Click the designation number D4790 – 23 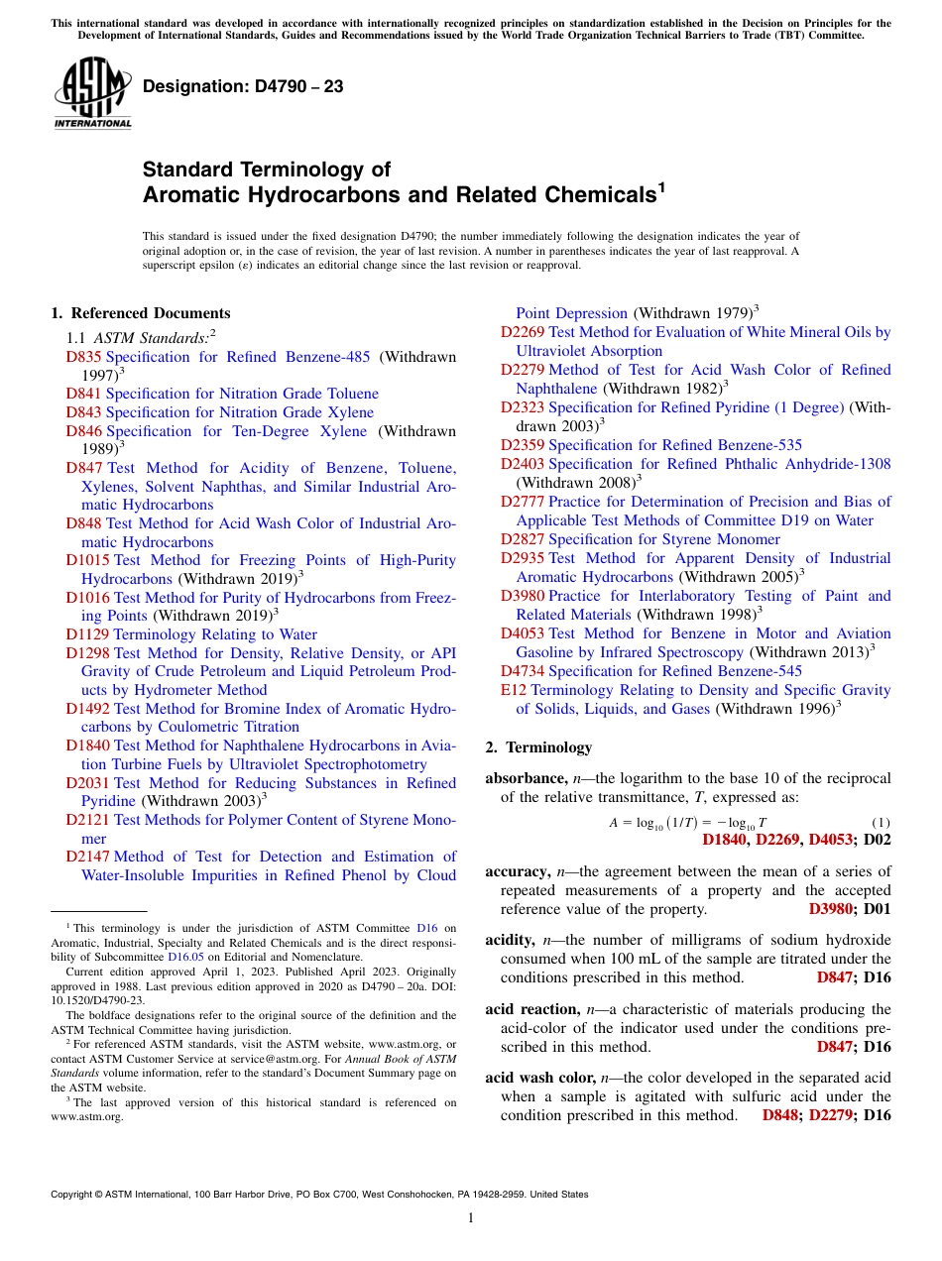point(243,86)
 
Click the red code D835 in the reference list point(84,357)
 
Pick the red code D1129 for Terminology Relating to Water point(87,634)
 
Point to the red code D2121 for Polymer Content point(87,820)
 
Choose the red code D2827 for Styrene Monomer point(523,539)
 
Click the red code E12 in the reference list point(515,690)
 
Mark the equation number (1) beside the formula point(881,823)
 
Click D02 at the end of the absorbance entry point(878,841)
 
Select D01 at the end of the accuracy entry point(878,909)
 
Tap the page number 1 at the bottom point(471,1217)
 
